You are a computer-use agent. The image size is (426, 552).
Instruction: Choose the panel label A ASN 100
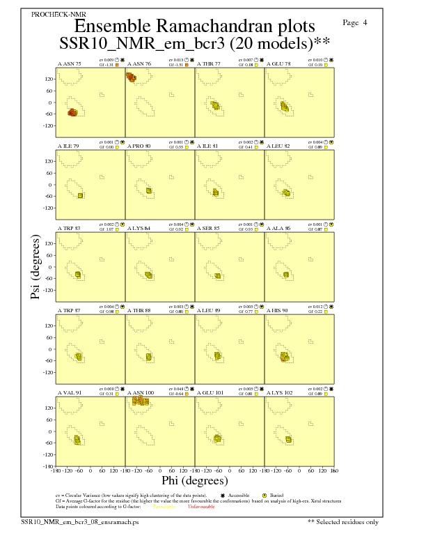coord(141,393)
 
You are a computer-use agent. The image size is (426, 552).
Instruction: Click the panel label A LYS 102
coord(280,393)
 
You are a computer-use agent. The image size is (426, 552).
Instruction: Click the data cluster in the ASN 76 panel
coord(131,77)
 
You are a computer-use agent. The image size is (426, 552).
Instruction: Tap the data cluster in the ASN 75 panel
coord(73,112)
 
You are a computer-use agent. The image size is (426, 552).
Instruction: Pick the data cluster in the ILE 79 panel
coord(80,195)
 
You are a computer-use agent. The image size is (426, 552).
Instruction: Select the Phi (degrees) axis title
coord(194,480)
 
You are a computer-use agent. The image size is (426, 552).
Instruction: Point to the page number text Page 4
coord(356,23)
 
